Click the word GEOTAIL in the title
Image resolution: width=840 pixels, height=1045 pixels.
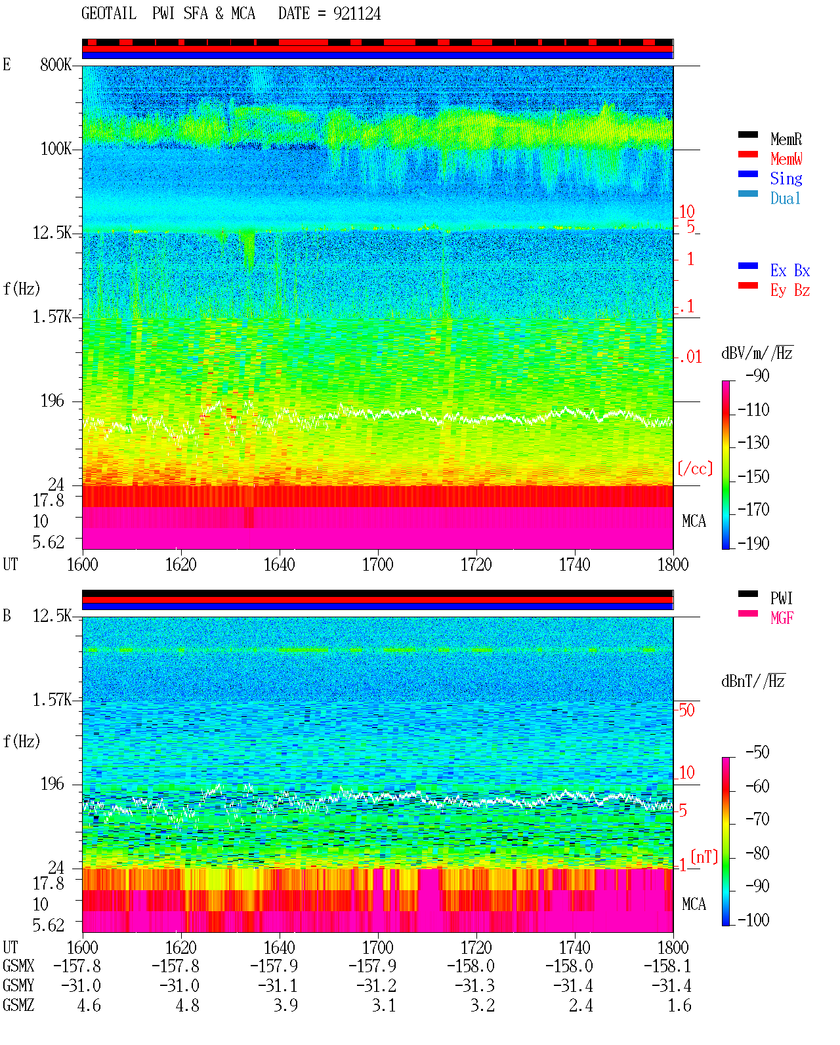point(109,14)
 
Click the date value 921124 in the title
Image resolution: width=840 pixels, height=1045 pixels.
point(357,14)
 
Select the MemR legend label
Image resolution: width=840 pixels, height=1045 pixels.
point(786,139)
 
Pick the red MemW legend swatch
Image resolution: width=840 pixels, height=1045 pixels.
point(747,154)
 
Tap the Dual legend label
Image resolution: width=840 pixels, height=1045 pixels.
point(786,198)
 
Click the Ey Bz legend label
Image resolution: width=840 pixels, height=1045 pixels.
point(790,290)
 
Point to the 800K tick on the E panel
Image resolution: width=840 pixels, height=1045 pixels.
point(56,64)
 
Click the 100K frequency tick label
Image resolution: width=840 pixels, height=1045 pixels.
point(56,149)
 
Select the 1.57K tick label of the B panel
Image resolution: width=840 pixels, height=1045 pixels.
point(52,700)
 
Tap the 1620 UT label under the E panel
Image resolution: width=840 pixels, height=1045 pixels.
point(180,565)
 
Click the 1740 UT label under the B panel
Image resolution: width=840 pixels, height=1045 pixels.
point(575,947)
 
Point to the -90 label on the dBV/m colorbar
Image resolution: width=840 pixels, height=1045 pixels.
point(757,376)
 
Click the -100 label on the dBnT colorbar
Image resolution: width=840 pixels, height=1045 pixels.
point(753,920)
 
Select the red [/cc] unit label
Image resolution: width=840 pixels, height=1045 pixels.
point(695,468)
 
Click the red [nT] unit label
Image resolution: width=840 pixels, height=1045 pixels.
point(704,857)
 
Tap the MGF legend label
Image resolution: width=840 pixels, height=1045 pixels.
point(782,618)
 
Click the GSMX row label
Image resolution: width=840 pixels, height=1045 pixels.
point(18,966)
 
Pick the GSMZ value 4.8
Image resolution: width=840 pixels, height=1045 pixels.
point(188,1005)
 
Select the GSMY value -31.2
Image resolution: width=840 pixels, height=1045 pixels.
point(377,986)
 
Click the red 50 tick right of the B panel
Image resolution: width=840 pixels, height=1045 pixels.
point(686,710)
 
